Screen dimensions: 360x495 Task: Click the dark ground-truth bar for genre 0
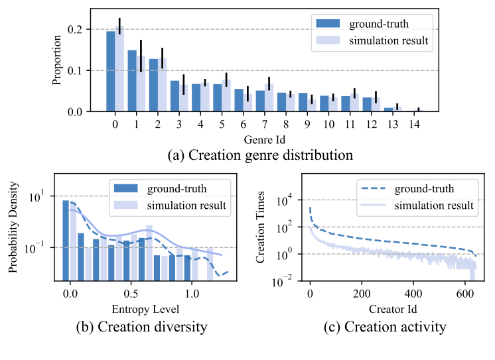click(x=111, y=72)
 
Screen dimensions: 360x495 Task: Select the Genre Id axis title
click(x=264, y=140)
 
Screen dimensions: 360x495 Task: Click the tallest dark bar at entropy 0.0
click(x=66, y=240)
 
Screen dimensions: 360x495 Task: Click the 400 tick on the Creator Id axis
click(x=413, y=292)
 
